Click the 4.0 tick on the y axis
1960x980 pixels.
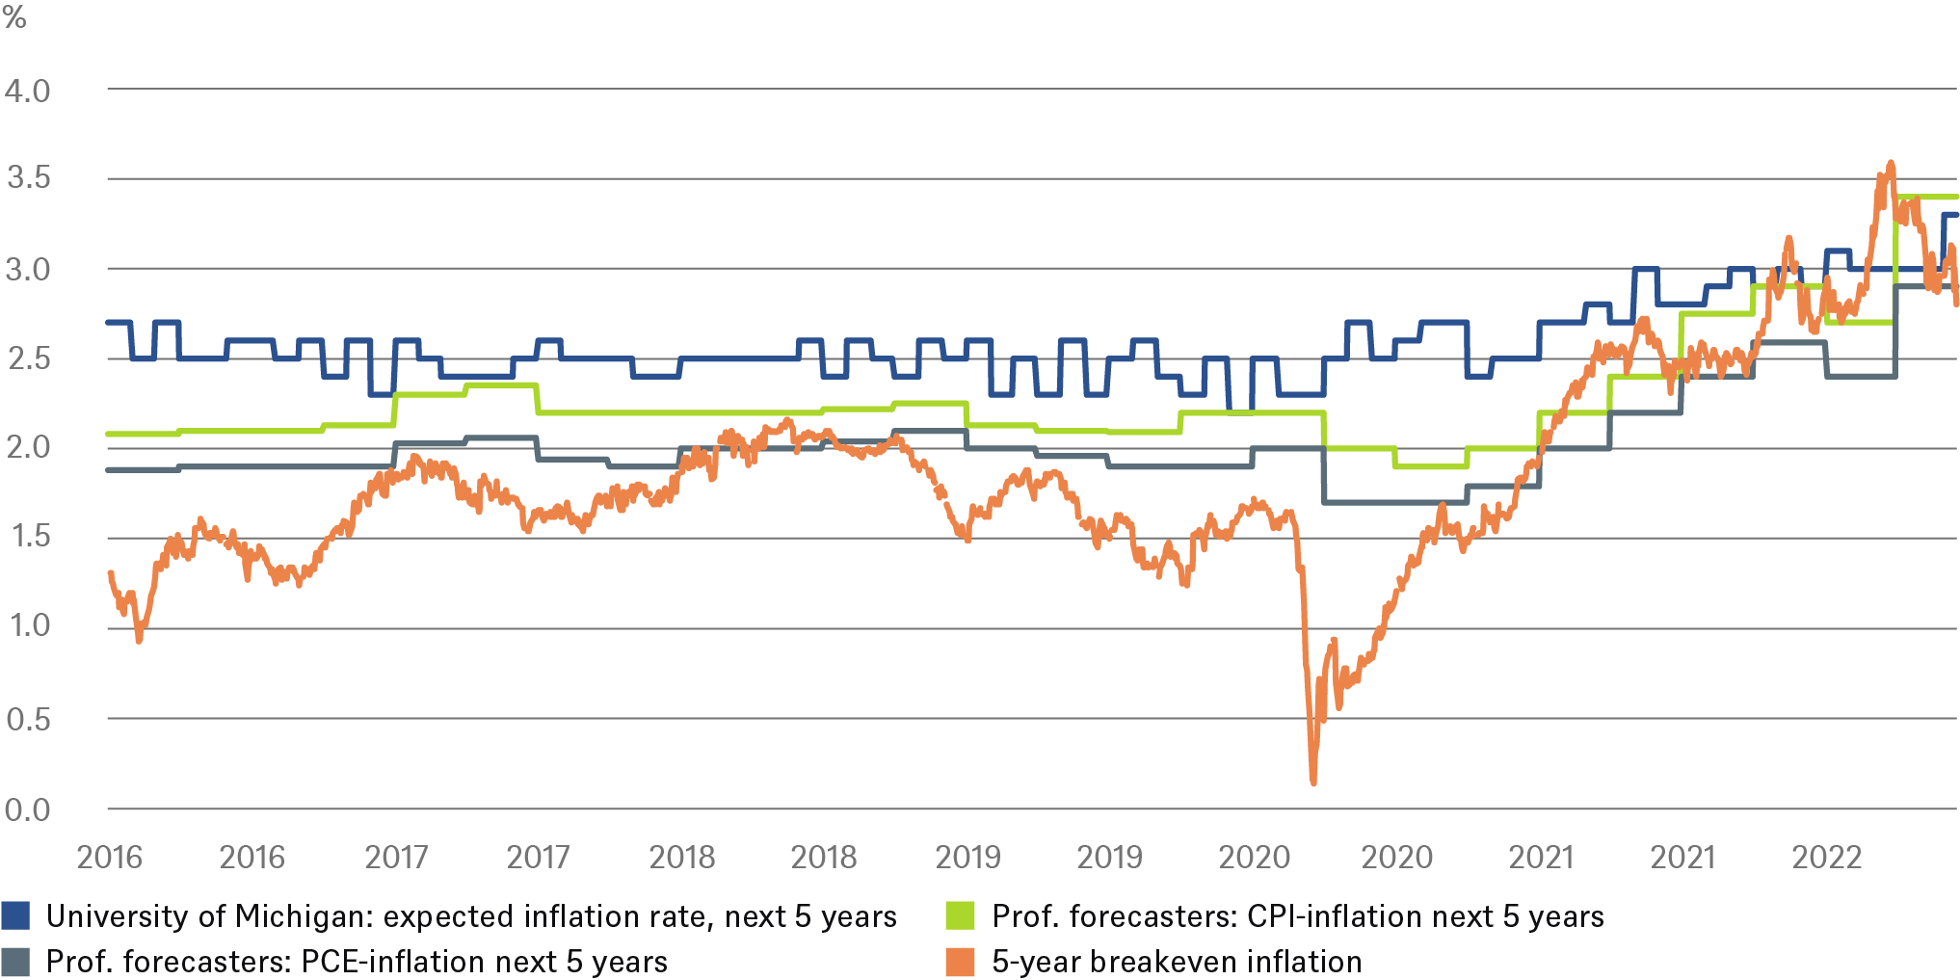27,92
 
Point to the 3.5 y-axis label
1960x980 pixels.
27,178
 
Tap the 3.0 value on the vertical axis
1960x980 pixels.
27,269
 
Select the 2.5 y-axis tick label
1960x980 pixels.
27,358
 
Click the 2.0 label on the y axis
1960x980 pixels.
27,447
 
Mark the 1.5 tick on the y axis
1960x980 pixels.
27,537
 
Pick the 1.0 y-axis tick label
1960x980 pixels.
27,626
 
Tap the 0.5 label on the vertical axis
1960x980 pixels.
27,719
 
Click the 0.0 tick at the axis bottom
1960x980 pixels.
27,809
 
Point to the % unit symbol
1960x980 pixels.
14,16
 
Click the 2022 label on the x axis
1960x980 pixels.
1826,857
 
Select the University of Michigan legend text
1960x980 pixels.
471,915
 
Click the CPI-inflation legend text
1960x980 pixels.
1298,915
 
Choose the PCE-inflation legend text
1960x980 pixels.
357,961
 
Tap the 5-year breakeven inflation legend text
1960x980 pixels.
1177,961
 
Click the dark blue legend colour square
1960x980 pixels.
15,915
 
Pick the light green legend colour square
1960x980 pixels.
961,915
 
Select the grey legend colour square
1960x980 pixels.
15,961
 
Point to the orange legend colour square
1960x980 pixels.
961,961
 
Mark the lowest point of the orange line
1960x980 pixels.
1313,781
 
